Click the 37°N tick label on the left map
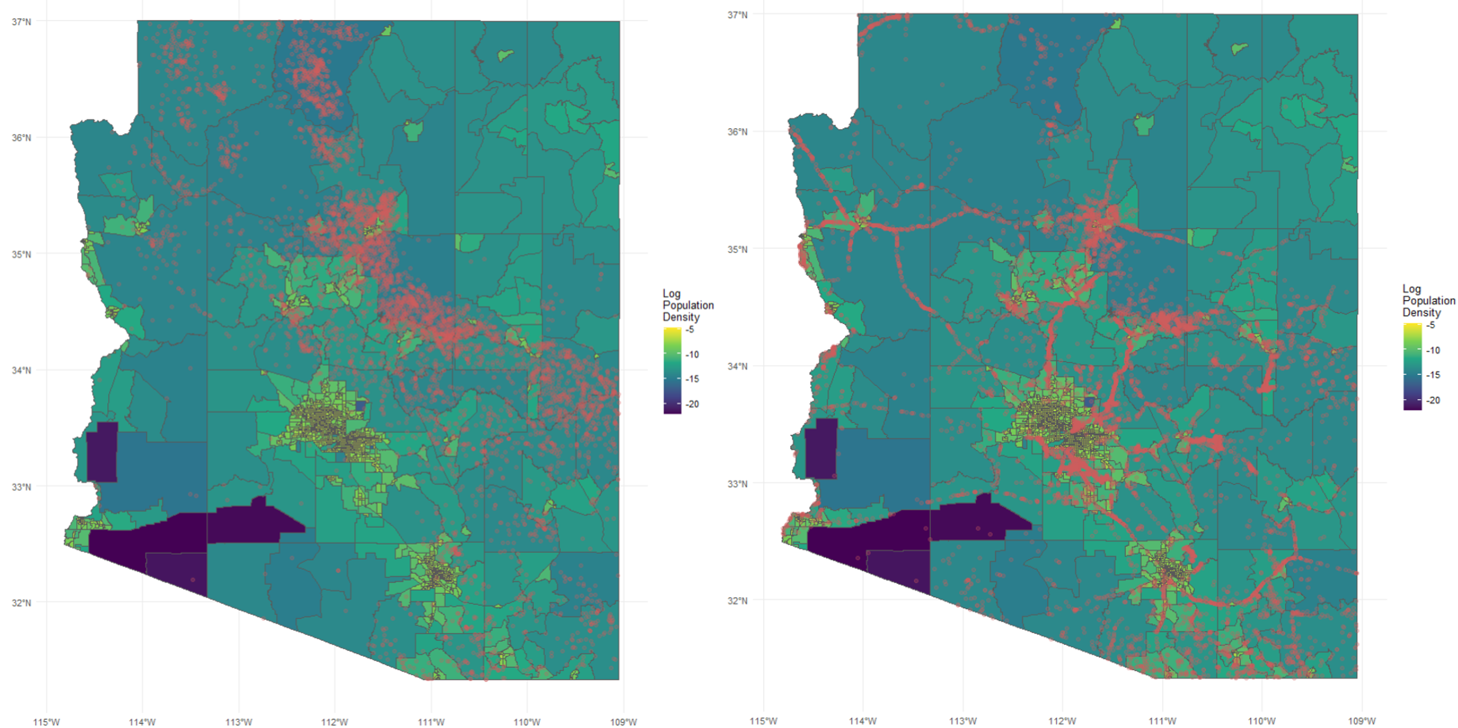pos(21,21)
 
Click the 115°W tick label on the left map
pos(47,722)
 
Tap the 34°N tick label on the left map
pos(21,371)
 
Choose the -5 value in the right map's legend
pos(1430,325)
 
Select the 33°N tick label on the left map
pos(21,487)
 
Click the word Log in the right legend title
pos(1411,289)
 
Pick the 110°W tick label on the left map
pos(527,722)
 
